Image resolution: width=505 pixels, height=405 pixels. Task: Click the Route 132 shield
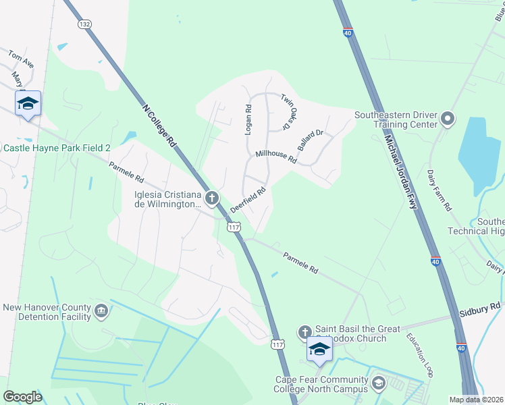point(84,24)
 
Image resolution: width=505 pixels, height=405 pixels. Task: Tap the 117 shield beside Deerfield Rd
point(234,228)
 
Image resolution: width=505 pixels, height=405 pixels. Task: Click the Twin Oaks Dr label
point(290,112)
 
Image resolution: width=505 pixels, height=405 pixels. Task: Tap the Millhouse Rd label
point(276,157)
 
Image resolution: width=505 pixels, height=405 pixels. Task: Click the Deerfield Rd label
point(248,200)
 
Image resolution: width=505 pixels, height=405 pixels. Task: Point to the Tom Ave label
point(20,59)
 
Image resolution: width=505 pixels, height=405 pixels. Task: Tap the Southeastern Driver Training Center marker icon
point(447,120)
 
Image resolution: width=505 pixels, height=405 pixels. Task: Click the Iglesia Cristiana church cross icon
point(212,198)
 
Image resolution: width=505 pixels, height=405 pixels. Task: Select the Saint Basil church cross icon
point(304,331)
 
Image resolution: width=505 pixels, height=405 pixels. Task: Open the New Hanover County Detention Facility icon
point(101,310)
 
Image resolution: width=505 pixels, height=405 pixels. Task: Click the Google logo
point(22,396)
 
